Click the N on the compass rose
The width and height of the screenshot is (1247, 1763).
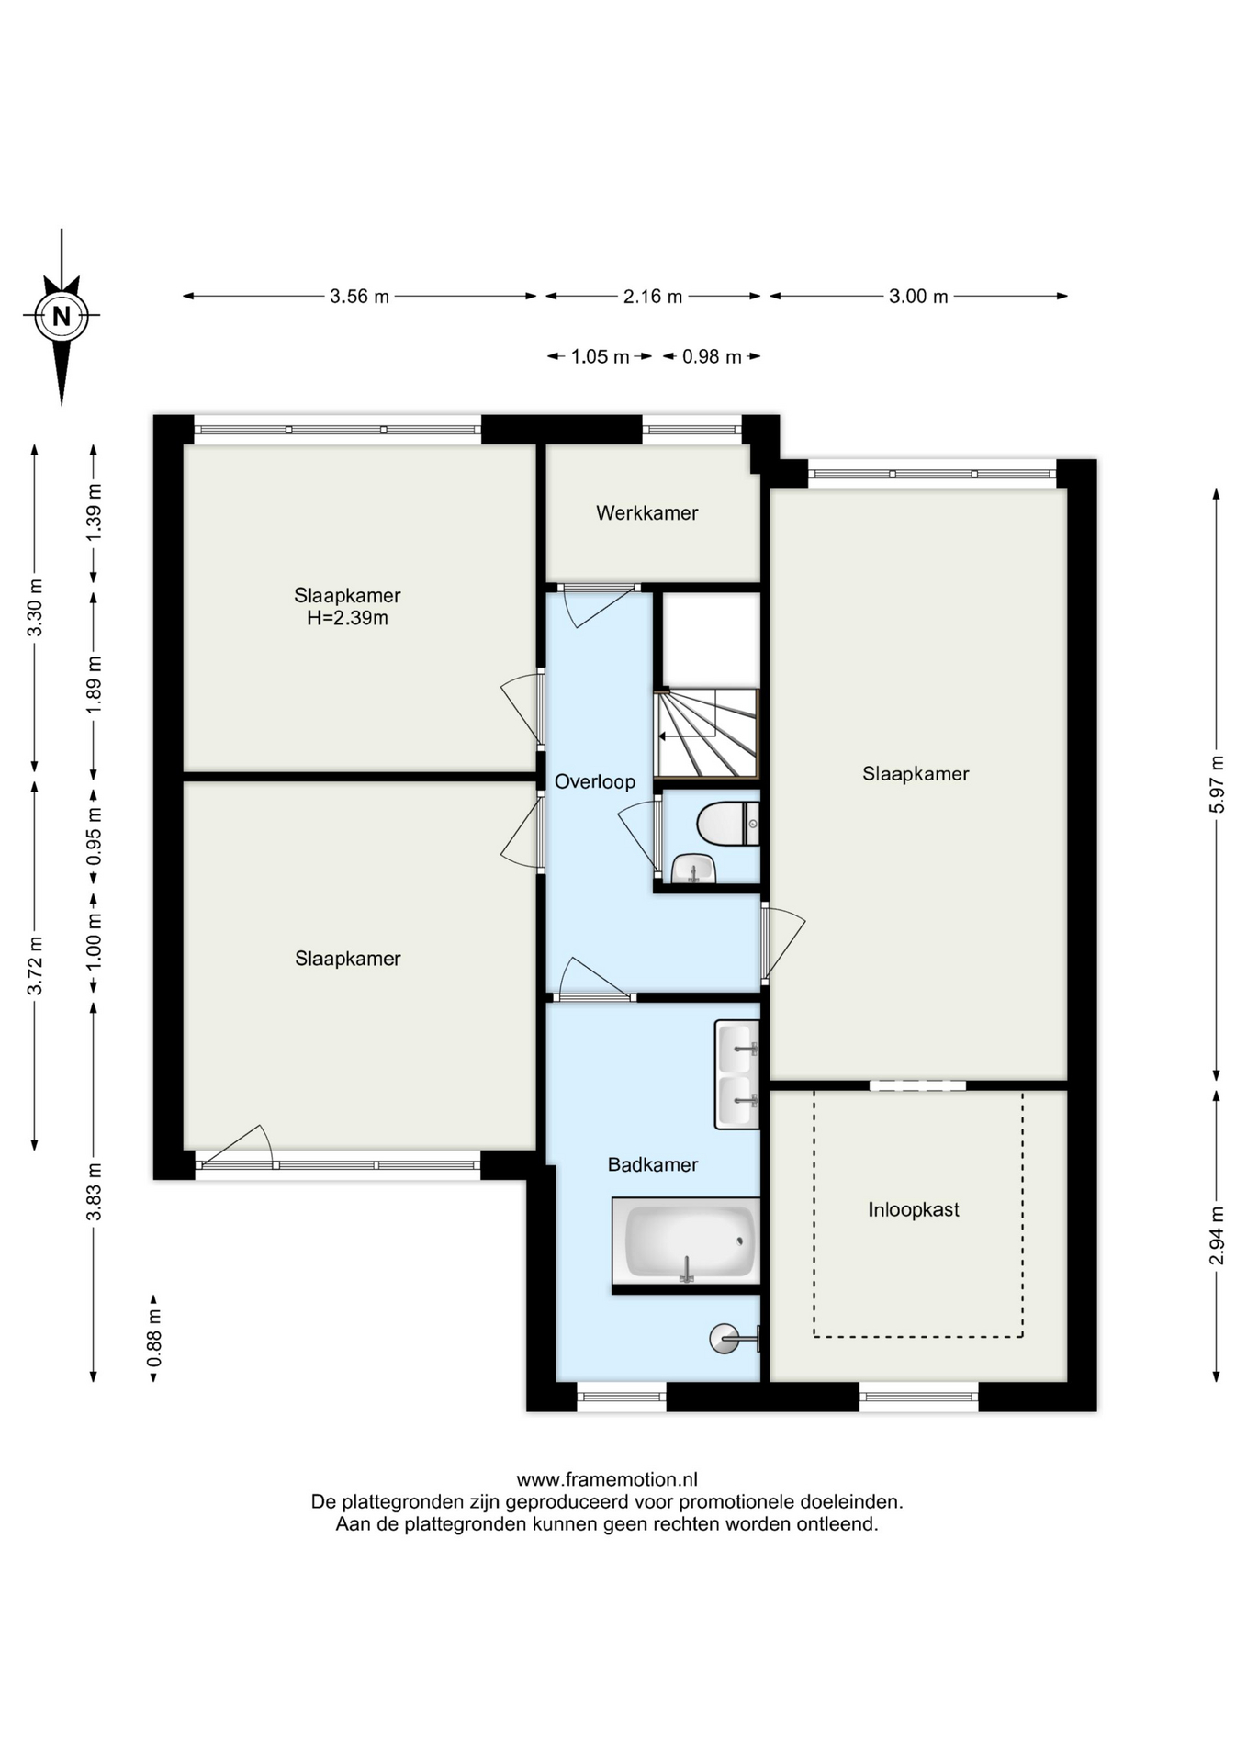pyautogui.click(x=62, y=317)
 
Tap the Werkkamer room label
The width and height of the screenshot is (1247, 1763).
pyautogui.click(x=646, y=513)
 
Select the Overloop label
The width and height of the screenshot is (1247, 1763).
pyautogui.click(x=595, y=781)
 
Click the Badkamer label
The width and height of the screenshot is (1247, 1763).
pyautogui.click(x=653, y=1164)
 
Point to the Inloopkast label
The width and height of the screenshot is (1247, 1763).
pyautogui.click(x=914, y=1209)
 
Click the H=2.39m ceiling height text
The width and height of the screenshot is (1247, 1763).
pyautogui.click(x=347, y=618)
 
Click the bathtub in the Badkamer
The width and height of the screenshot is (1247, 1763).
pyautogui.click(x=687, y=1241)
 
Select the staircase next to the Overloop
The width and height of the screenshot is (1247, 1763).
pyautogui.click(x=707, y=733)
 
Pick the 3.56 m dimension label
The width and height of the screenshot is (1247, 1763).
pyautogui.click(x=360, y=297)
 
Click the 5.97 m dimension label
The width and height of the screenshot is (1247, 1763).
pyautogui.click(x=1217, y=783)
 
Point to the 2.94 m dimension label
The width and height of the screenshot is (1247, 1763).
pyautogui.click(x=1217, y=1235)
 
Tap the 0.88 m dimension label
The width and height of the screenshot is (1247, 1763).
pyautogui.click(x=154, y=1337)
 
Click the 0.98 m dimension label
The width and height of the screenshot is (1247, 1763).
pyautogui.click(x=712, y=356)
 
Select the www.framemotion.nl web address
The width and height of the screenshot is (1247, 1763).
pyautogui.click(x=607, y=1479)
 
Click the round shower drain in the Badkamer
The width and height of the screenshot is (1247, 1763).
pyautogui.click(x=724, y=1338)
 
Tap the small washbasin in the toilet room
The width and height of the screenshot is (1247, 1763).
pyautogui.click(x=693, y=868)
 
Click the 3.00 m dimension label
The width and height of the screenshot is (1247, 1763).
pyautogui.click(x=918, y=297)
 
